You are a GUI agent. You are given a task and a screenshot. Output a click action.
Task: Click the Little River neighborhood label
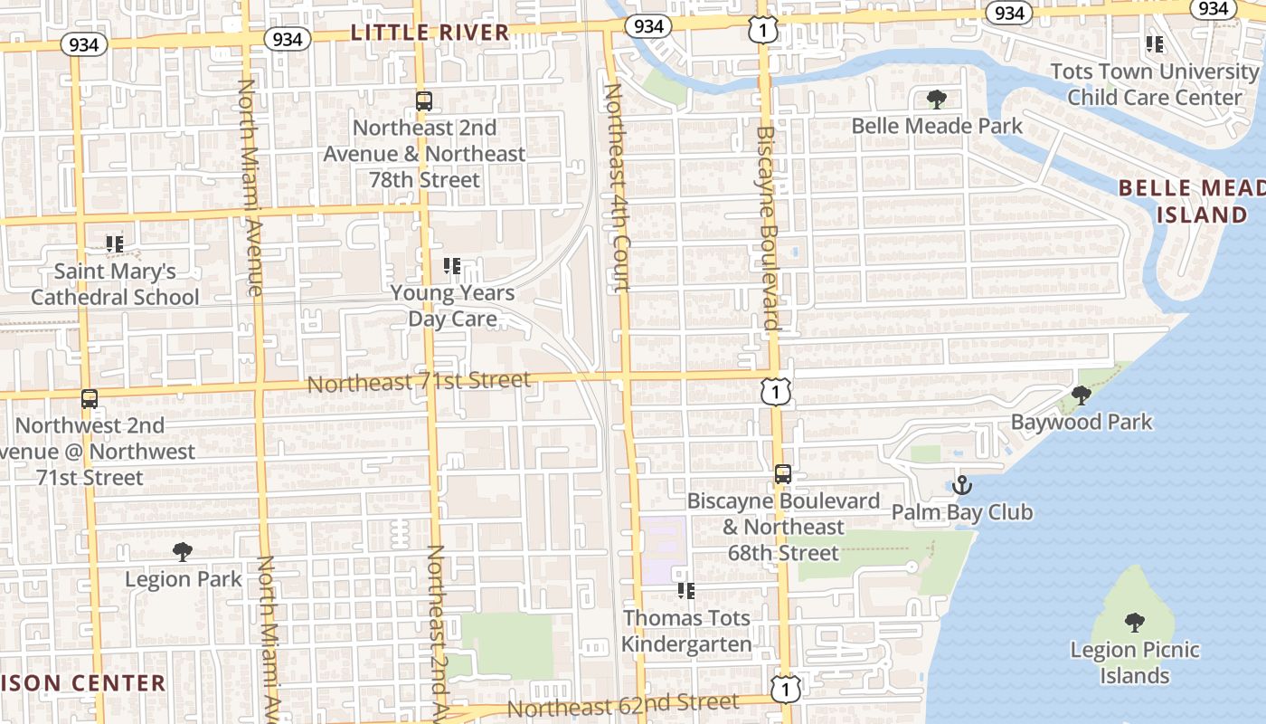pyautogui.click(x=430, y=33)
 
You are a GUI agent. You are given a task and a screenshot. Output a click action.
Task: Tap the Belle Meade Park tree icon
pyautogui.click(x=937, y=99)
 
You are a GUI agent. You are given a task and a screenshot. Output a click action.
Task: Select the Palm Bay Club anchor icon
pyautogui.click(x=961, y=485)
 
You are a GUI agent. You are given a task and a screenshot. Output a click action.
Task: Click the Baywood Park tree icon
pyautogui.click(x=1081, y=395)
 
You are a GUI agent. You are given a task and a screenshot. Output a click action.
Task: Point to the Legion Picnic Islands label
pyautogui.click(x=1135, y=662)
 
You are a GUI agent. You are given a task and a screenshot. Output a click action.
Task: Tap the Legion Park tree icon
pyautogui.click(x=183, y=551)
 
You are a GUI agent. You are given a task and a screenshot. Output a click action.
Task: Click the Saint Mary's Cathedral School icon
pyautogui.click(x=115, y=243)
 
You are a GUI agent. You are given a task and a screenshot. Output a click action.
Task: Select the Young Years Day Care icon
pyautogui.click(x=452, y=266)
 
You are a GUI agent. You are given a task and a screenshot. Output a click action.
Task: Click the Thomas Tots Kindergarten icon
pyautogui.click(x=686, y=591)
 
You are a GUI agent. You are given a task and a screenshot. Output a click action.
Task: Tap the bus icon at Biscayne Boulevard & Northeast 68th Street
pyautogui.click(x=783, y=473)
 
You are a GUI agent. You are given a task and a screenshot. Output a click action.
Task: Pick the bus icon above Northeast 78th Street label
pyautogui.click(x=424, y=100)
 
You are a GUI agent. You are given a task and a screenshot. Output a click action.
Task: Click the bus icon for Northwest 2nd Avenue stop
pyautogui.click(x=89, y=398)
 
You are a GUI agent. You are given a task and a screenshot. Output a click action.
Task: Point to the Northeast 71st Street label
pyautogui.click(x=419, y=382)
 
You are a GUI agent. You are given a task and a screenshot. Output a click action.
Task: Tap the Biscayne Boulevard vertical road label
pyautogui.click(x=767, y=226)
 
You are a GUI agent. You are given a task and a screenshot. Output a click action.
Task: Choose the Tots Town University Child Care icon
pyautogui.click(x=1154, y=43)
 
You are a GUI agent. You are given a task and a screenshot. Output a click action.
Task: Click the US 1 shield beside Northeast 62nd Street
pyautogui.click(x=787, y=689)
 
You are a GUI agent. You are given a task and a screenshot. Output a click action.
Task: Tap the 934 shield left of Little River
pyautogui.click(x=288, y=39)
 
